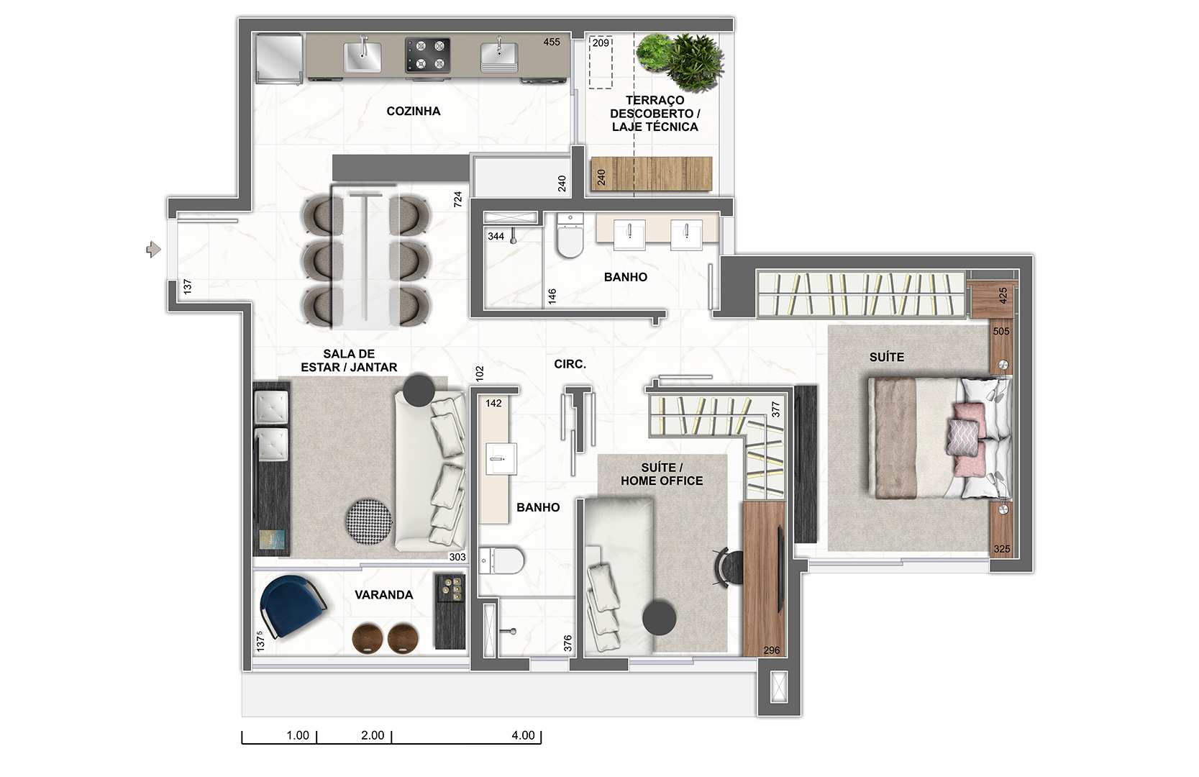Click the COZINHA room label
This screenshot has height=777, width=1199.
(x=414, y=112)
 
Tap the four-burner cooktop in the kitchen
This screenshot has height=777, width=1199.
(x=427, y=55)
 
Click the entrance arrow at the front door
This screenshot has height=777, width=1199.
(x=154, y=249)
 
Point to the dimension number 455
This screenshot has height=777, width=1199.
(x=552, y=42)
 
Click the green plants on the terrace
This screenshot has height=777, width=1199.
(x=680, y=60)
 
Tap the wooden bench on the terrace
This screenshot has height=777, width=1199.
(x=652, y=173)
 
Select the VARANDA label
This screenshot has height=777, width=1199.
(x=384, y=595)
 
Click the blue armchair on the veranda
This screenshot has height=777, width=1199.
(x=292, y=606)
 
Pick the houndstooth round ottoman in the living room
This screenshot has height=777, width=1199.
(x=369, y=522)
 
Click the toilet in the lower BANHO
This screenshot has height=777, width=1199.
(x=501, y=560)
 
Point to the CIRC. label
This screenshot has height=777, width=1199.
(x=570, y=364)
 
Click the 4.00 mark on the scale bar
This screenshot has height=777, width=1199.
(x=523, y=735)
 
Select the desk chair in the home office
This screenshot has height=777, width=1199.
(x=729, y=568)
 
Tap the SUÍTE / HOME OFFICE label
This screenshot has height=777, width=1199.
(x=662, y=474)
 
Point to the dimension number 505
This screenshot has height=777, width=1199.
(x=1001, y=332)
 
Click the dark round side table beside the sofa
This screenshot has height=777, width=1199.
(x=419, y=391)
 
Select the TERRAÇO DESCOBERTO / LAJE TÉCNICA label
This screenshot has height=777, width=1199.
(x=655, y=114)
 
